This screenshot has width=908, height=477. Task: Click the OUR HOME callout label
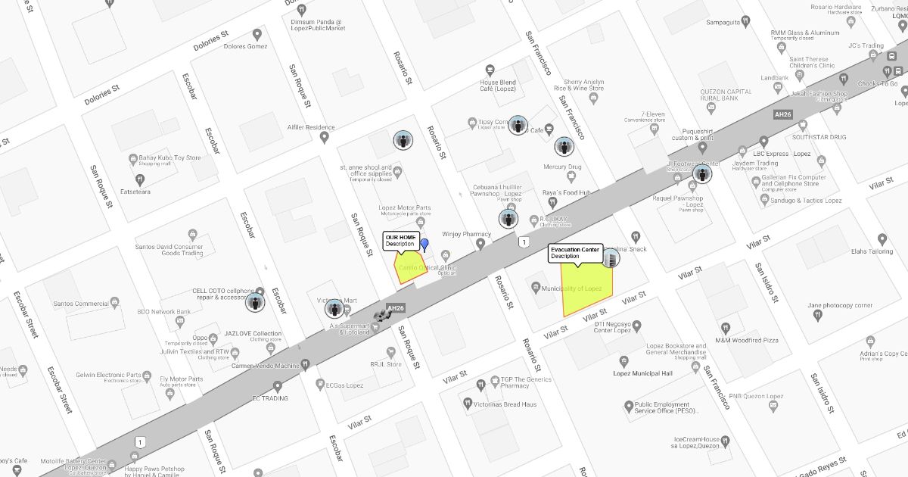[400, 241]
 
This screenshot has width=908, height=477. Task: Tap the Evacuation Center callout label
[575, 253]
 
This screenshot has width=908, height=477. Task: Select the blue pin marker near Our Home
[424, 245]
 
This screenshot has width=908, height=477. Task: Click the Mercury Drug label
[562, 167]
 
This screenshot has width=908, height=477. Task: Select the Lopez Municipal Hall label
[642, 373]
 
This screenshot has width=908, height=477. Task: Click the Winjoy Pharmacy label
[467, 234]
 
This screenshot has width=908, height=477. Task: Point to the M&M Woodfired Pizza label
[747, 341]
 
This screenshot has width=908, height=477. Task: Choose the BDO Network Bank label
[163, 312]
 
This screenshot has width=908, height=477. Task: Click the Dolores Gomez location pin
[257, 34]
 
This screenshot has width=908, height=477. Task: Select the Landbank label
[774, 78]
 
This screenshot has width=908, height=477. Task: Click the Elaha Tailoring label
[872, 251]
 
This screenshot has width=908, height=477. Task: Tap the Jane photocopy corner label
[840, 305]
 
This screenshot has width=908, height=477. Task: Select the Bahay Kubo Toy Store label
[169, 158]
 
